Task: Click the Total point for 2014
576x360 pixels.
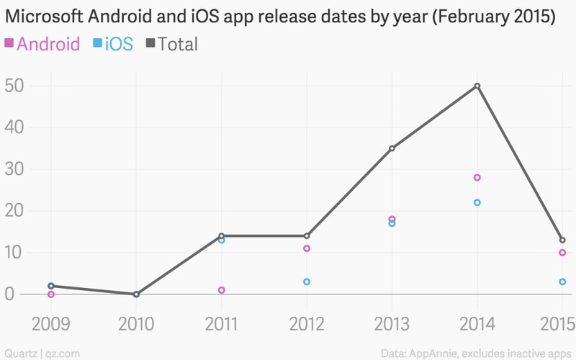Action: (477, 86)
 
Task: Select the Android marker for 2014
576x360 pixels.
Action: (477, 177)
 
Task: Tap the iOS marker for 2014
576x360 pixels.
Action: (477, 202)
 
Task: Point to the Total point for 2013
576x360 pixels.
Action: (392, 148)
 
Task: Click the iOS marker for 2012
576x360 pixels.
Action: (307, 282)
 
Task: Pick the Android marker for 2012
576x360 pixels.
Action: (307, 248)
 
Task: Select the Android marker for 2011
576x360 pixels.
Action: (222, 290)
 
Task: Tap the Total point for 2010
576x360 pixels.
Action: (136, 294)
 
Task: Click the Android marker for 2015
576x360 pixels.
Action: (562, 253)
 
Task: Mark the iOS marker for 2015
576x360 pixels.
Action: (562, 282)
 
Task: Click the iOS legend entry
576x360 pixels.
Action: (114, 45)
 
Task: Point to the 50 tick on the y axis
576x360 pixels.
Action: (14, 86)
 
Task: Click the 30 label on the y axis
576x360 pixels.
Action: (14, 169)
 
